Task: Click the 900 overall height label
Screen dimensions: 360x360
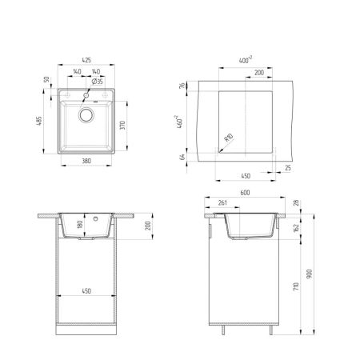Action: tap(310, 274)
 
